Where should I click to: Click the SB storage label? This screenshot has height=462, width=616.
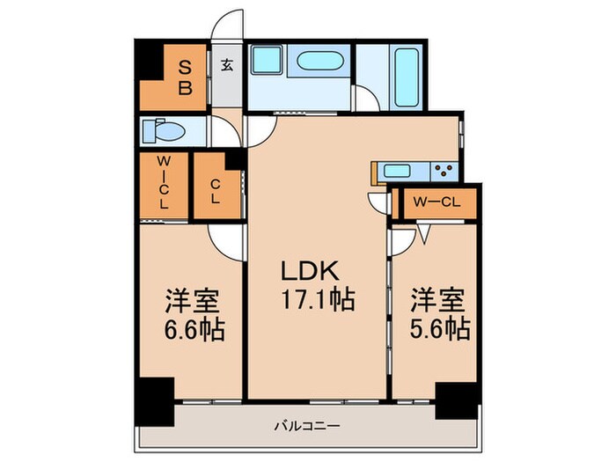coord(186,77)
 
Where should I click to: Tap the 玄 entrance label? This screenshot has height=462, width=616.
coord(226,63)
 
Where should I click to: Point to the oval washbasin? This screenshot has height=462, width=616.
coord(320,62)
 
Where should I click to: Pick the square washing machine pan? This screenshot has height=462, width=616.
coord(267,61)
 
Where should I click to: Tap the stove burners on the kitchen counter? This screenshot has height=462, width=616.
coord(444,170)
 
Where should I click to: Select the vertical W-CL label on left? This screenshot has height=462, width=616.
coord(164,183)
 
